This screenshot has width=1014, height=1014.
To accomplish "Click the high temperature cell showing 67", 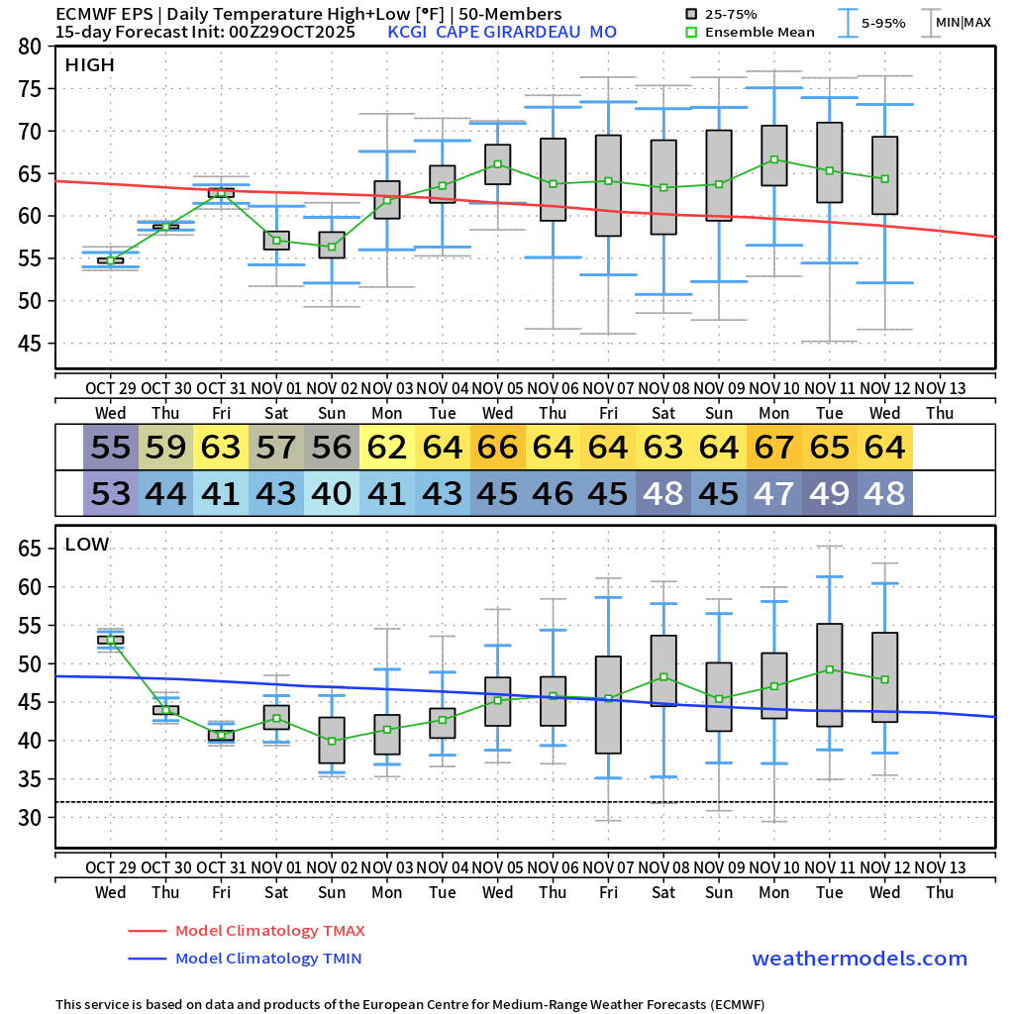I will tap(774, 448).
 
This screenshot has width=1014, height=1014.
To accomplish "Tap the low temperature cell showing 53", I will tap(111, 492).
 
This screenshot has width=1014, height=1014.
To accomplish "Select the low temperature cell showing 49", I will tap(830, 492).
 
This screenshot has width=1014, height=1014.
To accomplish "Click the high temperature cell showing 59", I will tap(166, 448).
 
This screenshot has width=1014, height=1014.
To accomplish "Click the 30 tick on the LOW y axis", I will tap(31, 817).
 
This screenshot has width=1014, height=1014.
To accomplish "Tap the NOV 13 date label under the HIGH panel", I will tap(940, 388).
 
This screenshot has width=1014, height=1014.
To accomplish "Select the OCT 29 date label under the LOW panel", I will tap(110, 867).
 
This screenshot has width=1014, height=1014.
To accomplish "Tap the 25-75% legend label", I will tap(735, 14).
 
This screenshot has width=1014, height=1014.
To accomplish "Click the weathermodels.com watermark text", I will tap(860, 959).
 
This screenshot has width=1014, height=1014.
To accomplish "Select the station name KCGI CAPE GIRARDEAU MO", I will tap(502, 32).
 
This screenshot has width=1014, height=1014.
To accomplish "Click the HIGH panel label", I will tap(90, 65).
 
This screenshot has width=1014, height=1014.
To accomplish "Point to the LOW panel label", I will tap(87, 544).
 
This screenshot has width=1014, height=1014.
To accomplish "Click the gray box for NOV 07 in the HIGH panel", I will tap(608, 185).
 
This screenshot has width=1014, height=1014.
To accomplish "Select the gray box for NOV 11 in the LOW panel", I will tap(830, 675).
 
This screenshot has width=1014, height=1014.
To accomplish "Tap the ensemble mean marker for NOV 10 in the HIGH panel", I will tap(774, 159).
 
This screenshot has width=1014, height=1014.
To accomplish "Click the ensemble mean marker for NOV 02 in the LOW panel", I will tap(332, 741).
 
